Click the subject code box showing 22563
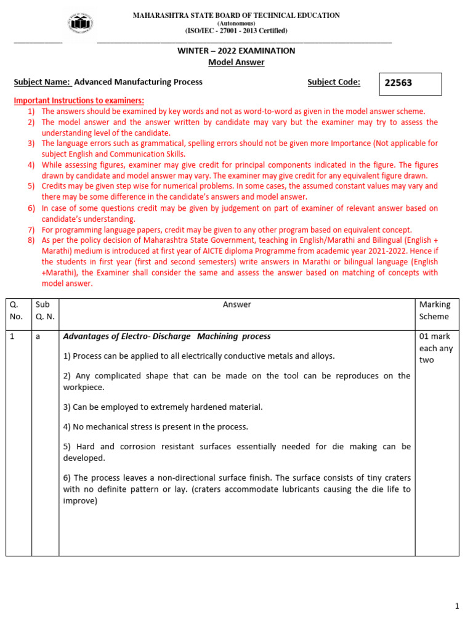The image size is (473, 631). [409, 84]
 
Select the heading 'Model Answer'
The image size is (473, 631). [236, 62]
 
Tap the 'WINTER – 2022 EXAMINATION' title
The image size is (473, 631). [236, 51]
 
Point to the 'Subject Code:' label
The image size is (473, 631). [334, 82]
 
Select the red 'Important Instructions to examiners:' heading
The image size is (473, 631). [79, 100]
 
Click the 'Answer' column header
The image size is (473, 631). [236, 304]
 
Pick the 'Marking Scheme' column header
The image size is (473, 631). [434, 311]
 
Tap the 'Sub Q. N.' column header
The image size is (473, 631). [45, 311]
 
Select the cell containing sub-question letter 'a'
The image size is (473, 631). [38, 337]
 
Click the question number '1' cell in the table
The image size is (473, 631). [12, 337]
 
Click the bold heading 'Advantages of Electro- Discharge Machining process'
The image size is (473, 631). [167, 336]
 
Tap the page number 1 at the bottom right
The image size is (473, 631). [457, 606]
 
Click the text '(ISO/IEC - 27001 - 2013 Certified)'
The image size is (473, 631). [236, 31]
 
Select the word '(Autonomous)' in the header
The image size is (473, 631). [236, 23]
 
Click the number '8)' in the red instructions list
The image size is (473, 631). [31, 240]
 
